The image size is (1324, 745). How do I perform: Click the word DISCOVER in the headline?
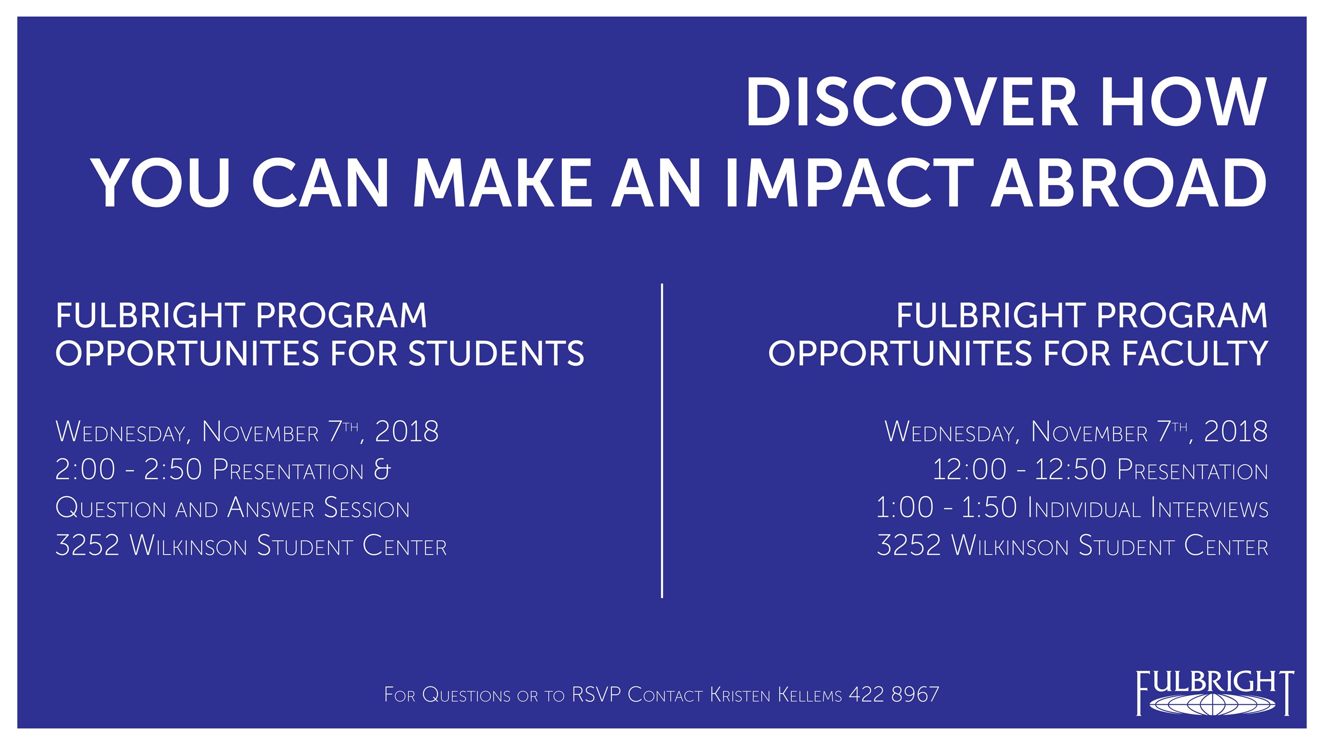911,102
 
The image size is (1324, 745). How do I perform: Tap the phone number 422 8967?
894,694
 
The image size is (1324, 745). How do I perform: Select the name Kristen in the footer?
740,694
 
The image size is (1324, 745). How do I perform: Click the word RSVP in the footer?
595,694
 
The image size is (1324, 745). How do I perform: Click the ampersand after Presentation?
382,470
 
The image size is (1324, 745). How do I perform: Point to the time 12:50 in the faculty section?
1070,470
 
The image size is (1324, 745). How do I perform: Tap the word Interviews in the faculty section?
1210,509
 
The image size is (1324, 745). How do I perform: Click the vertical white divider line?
662,440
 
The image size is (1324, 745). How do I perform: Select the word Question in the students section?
110,509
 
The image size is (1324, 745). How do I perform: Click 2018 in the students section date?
407,431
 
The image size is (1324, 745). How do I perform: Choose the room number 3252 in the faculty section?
909,546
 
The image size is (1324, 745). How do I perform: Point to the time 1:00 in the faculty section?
905,508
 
